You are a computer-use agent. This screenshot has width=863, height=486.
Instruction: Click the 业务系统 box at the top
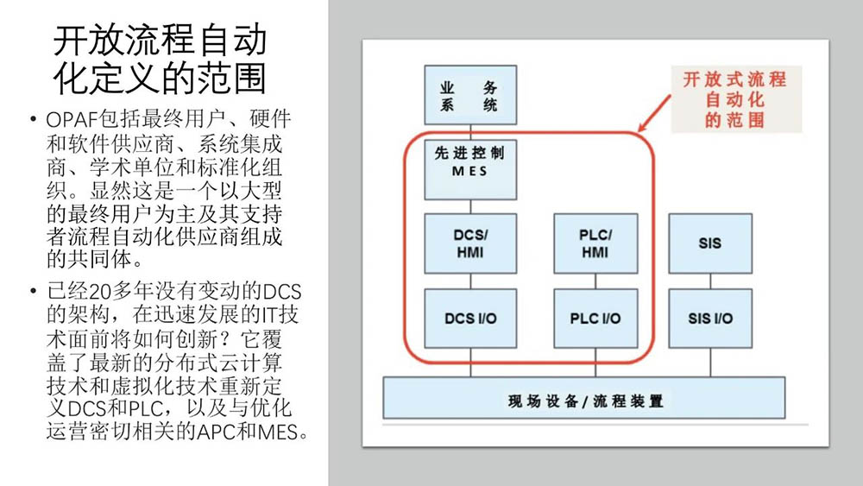click(x=469, y=96)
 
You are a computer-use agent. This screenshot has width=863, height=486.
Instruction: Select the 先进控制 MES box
click(x=469, y=162)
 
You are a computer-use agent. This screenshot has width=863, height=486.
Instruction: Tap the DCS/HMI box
click(x=469, y=243)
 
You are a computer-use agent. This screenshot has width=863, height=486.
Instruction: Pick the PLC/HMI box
click(x=595, y=243)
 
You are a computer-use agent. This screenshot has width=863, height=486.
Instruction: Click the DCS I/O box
click(x=469, y=319)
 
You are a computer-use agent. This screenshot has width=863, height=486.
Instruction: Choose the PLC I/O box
click(x=595, y=319)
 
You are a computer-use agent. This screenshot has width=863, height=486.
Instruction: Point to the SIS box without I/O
click(x=709, y=243)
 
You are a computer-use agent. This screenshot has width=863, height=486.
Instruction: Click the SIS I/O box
click(x=709, y=319)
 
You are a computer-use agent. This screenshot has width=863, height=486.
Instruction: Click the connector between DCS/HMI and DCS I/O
click(x=469, y=281)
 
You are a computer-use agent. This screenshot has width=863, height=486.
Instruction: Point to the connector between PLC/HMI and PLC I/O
click(x=595, y=281)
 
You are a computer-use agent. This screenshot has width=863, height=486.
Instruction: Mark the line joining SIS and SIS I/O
click(x=709, y=281)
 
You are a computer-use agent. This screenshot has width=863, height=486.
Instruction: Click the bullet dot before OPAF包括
click(x=33, y=118)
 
